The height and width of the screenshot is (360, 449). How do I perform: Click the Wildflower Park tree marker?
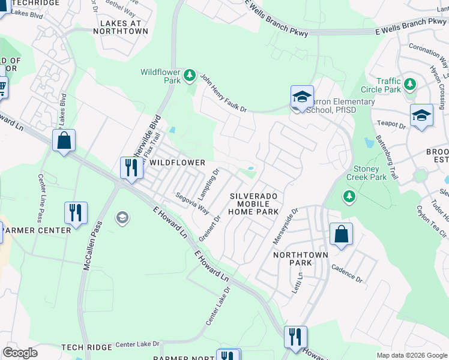coord(190,75)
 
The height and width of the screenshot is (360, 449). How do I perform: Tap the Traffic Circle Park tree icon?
coord(411,83)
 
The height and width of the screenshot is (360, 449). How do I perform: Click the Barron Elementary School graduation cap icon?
coord(303,97)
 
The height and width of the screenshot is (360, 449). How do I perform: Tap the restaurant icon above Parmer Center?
coord(76,213)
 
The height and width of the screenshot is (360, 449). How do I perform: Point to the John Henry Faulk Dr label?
coord(223,94)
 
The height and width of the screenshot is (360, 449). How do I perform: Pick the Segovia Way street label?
coord(192,203)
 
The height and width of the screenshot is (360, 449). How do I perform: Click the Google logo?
coord(20,353)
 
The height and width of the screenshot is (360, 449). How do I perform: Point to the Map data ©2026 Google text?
coord(412,355)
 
